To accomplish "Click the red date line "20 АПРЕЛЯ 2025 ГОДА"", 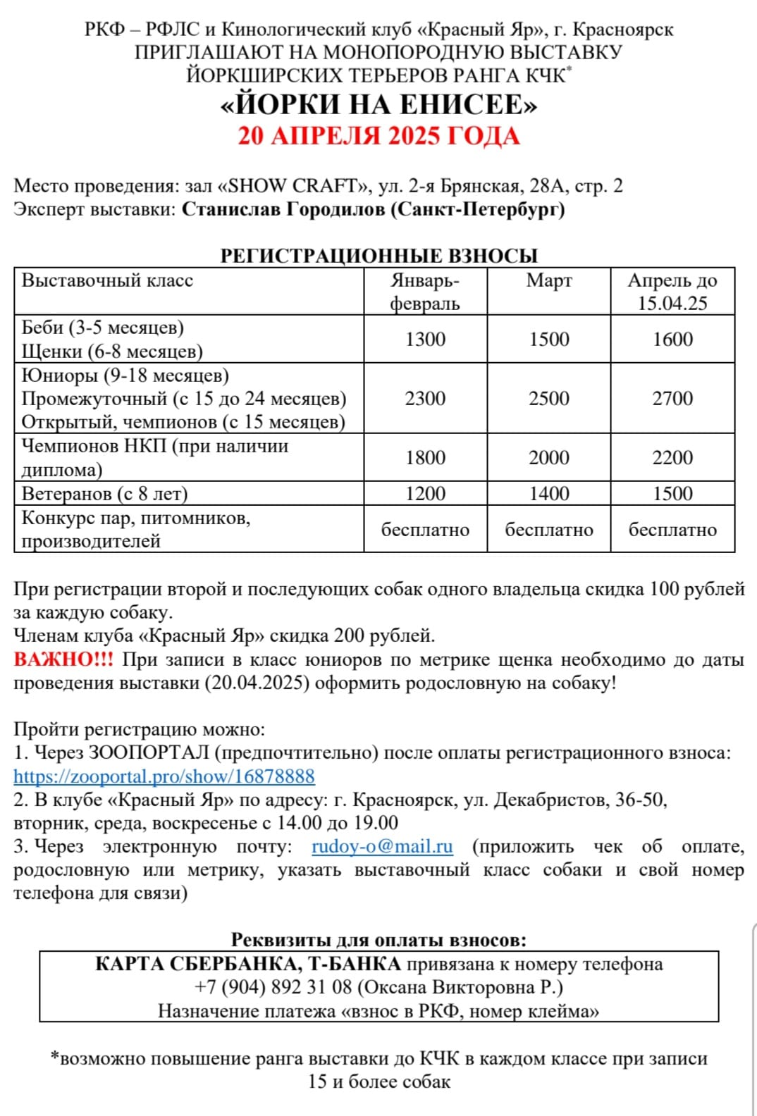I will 378,136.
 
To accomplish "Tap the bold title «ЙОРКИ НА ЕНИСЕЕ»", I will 378,105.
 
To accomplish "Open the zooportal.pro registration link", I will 164,776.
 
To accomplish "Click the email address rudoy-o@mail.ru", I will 382,846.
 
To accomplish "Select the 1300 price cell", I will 425,339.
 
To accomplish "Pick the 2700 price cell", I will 672,398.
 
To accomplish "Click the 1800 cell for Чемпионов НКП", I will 425,457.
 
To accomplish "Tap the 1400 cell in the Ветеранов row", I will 549,493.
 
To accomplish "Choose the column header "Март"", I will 549,280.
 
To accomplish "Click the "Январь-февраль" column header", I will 425,291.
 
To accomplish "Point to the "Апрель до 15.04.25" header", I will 672,291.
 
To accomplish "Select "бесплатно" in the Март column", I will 549,530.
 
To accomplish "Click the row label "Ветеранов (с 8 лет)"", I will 104,493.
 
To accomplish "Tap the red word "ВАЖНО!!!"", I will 63,659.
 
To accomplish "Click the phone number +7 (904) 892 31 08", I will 273,987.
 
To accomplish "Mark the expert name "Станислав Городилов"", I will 283,209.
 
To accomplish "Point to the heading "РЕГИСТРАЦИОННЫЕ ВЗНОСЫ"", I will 378,256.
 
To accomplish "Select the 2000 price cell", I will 549,457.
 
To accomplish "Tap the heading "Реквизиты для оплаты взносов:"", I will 378,940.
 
